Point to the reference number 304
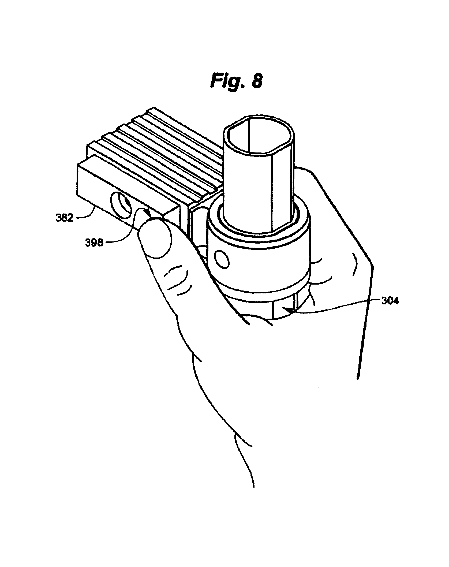coord(390,301)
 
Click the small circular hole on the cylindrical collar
coord(222,259)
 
